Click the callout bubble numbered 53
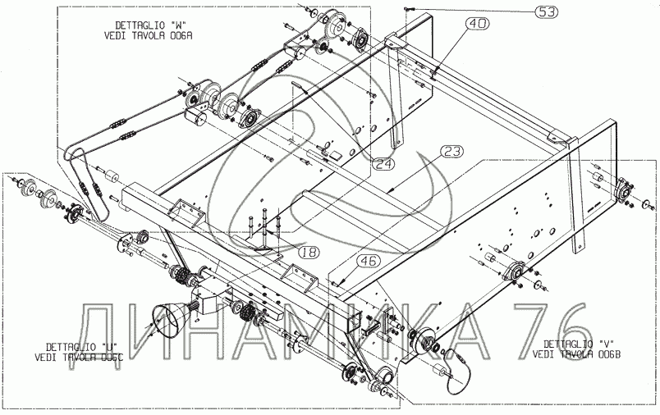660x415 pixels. click(x=547, y=11)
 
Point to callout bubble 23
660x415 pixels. click(x=452, y=151)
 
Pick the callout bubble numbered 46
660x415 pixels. click(x=369, y=262)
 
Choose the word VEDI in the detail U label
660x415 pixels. click(x=47, y=358)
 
